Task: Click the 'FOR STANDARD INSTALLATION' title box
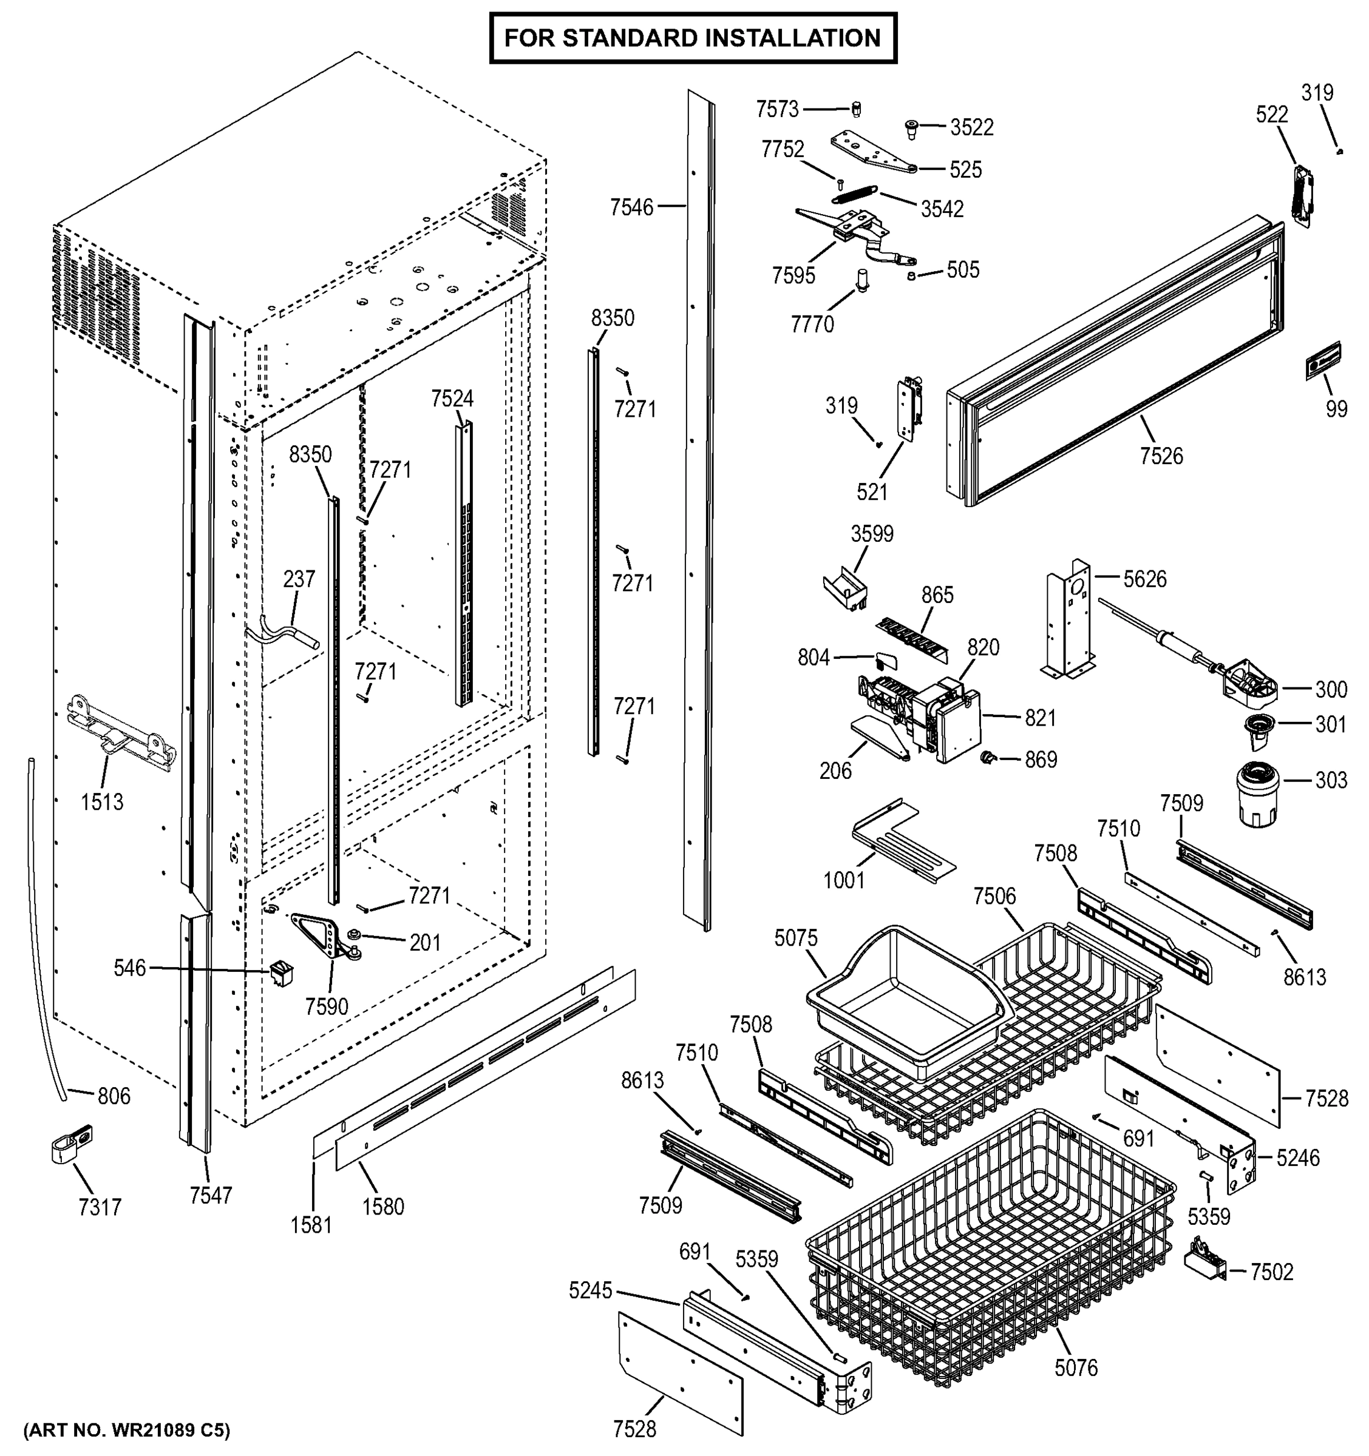pos(692,38)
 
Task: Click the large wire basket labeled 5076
pos(990,1252)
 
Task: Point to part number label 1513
pos(102,802)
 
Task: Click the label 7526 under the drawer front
pos(1161,456)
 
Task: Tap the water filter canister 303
pos(1256,794)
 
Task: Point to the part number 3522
pos(972,127)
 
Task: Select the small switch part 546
pos(280,972)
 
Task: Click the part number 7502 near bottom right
pos(1271,1272)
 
